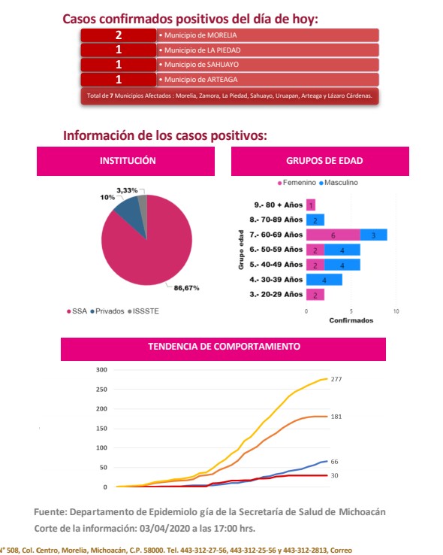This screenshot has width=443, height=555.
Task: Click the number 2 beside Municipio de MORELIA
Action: tap(119, 35)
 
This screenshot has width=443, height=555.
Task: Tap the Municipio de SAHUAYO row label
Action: tap(201, 65)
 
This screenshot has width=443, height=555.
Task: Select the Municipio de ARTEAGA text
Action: tap(200, 80)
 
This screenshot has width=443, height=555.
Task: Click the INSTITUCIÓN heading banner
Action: tap(125, 161)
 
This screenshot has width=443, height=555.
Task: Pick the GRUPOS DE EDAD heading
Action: tap(324, 161)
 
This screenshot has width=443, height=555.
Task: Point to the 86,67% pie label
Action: tap(186, 288)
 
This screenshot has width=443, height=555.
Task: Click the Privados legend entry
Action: tap(107, 311)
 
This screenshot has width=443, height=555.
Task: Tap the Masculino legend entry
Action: tap(339, 183)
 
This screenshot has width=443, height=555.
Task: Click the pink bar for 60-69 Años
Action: tap(333, 235)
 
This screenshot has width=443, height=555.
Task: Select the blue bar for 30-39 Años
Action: tap(324, 280)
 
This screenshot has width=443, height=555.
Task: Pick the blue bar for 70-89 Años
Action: tap(315, 220)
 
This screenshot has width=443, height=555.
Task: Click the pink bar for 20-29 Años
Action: tap(315, 295)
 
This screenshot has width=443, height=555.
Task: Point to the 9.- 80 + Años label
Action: tap(279, 205)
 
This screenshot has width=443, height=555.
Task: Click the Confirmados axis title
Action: tap(351, 320)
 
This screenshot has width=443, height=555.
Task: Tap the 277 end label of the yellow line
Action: tap(336, 379)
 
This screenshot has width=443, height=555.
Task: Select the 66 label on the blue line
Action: tap(335, 462)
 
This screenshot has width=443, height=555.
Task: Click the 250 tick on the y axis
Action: tap(101, 390)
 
